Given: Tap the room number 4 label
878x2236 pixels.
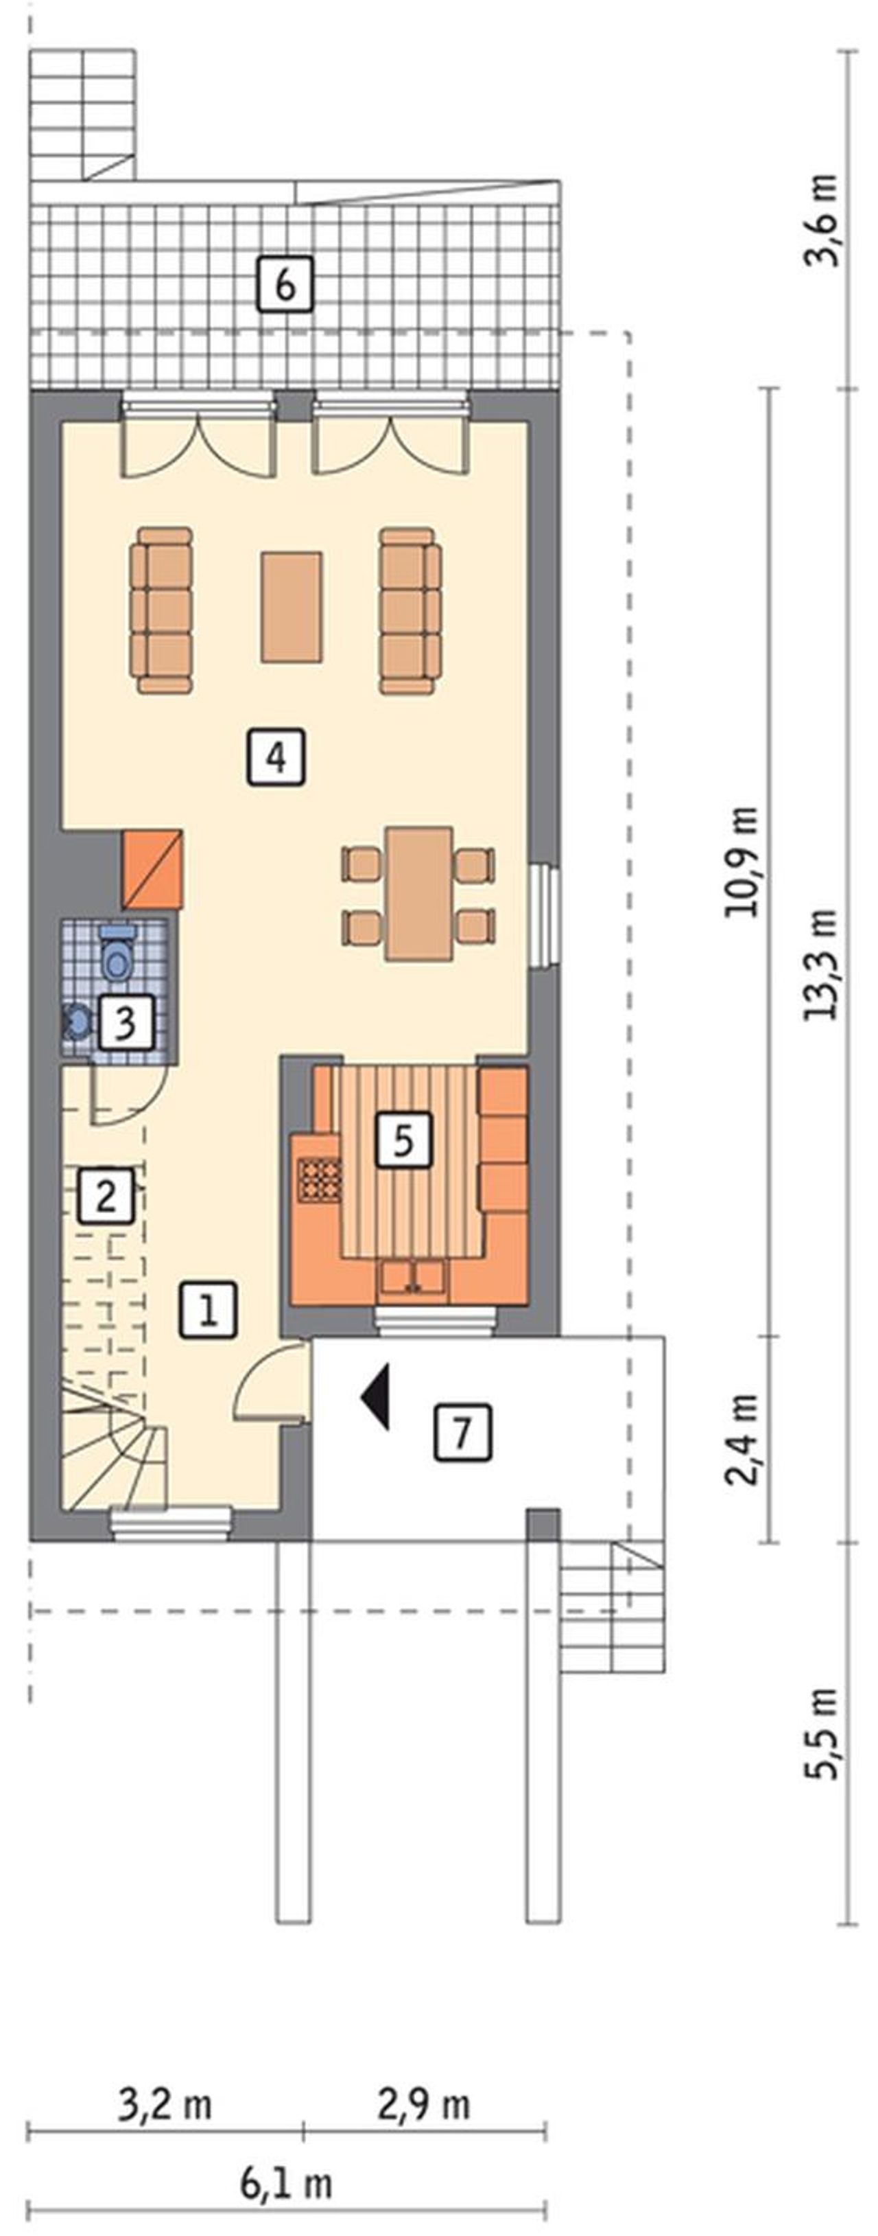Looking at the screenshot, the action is pos(276,758).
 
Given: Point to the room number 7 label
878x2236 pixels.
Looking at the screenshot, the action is pos(462,1432).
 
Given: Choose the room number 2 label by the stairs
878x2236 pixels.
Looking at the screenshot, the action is pos(107,1197).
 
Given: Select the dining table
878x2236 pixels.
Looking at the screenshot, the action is pos(420,894).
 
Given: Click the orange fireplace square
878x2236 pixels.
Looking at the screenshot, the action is pos(153,870).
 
